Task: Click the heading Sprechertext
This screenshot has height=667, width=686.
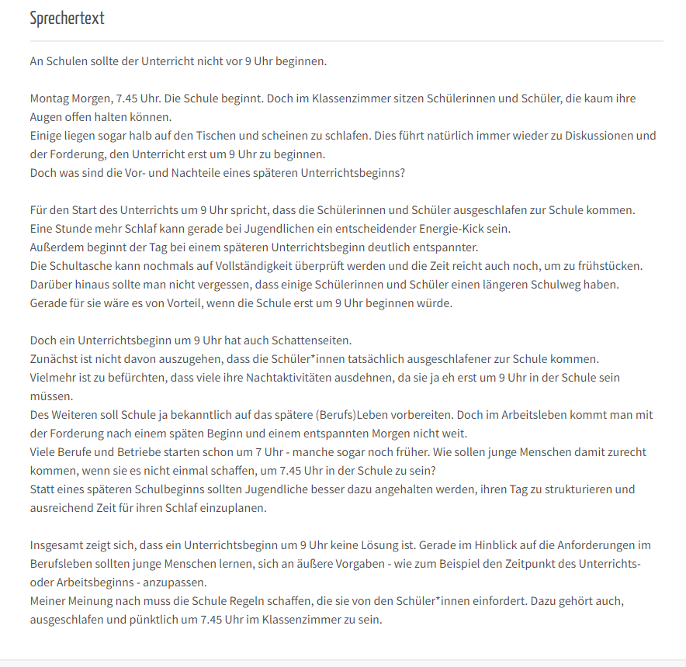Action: click(x=67, y=19)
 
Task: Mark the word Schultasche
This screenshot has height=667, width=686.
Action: click(x=85, y=266)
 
